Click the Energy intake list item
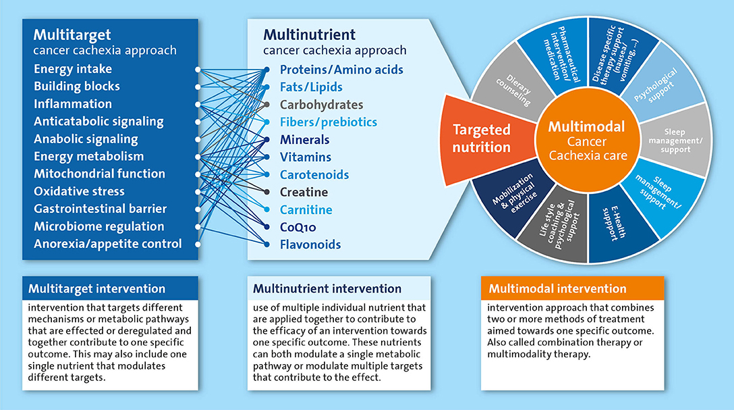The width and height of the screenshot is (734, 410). pyautogui.click(x=73, y=69)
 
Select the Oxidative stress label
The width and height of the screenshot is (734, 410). pyautogui.click(x=80, y=191)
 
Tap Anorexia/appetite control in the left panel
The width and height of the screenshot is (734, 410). pyautogui.click(x=108, y=244)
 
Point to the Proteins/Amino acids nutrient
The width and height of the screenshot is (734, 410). pyautogui.click(x=341, y=70)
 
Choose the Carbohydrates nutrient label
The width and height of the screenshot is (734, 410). pyautogui.click(x=321, y=105)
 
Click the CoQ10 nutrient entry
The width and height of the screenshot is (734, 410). pyautogui.click(x=298, y=227)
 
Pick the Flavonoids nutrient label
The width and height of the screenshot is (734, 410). pyautogui.click(x=310, y=245)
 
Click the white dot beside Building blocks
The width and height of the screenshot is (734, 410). pyautogui.click(x=198, y=86)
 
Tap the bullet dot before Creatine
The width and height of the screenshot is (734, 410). pyautogui.click(x=267, y=193)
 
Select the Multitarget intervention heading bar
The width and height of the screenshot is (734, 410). pyautogui.click(x=110, y=289)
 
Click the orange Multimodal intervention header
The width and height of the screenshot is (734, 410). pyautogui.click(x=572, y=289)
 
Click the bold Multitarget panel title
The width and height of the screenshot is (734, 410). pyautogui.click(x=73, y=34)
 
